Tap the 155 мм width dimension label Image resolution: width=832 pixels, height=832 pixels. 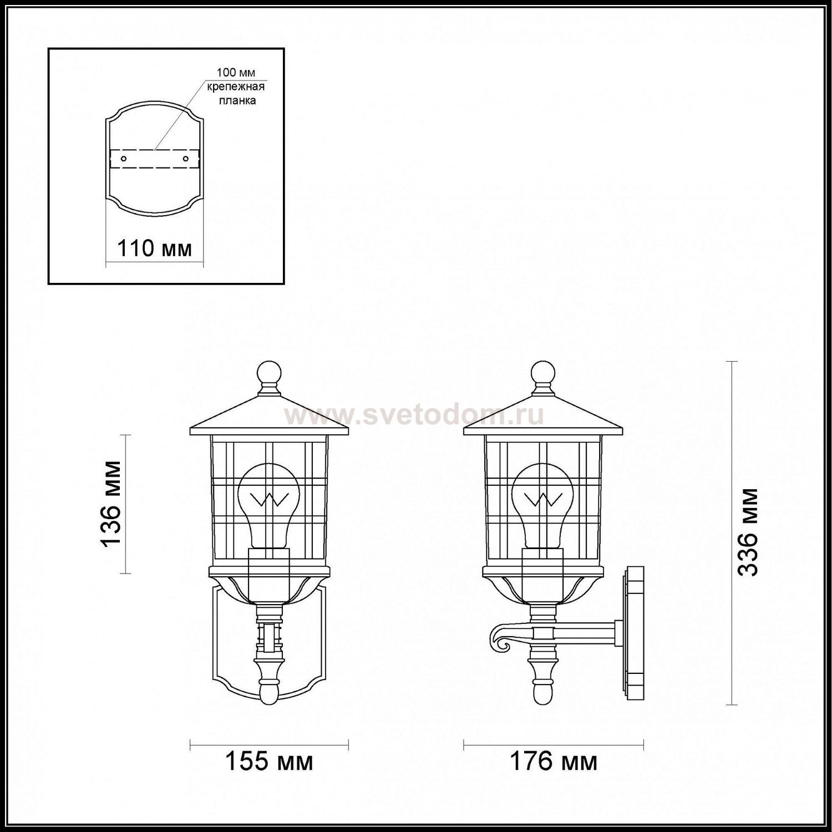[x=269, y=762]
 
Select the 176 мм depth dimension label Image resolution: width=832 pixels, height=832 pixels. [x=554, y=762]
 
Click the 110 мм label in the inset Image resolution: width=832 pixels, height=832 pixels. [x=154, y=248]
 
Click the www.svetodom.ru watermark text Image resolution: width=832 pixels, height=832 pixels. [x=414, y=415]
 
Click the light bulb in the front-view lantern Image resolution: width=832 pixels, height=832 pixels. [x=269, y=505]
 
